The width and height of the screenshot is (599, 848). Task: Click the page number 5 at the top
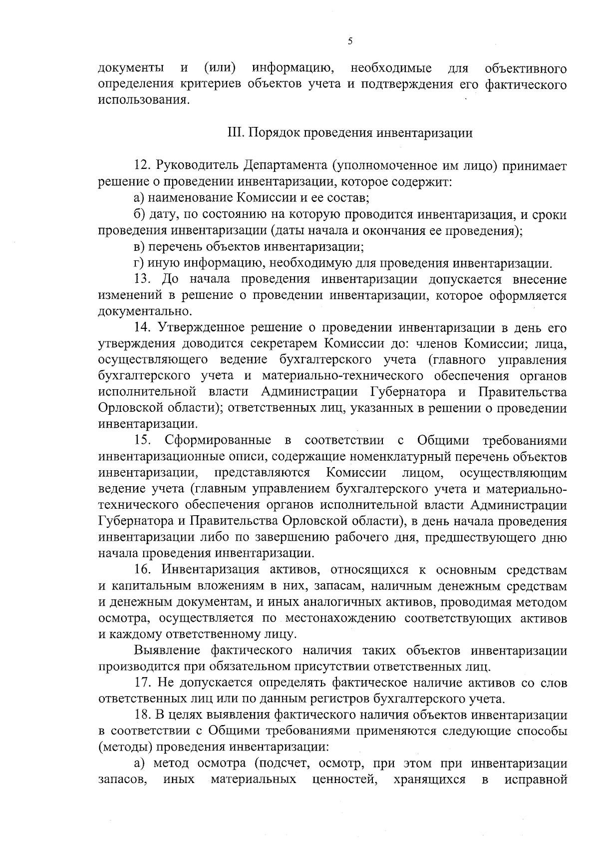click(350, 41)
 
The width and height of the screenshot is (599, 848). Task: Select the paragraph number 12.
click(142, 166)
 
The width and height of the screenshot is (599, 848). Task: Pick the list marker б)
click(140, 215)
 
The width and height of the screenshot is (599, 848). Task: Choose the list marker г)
click(139, 263)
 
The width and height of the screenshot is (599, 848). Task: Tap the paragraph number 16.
click(142, 570)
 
